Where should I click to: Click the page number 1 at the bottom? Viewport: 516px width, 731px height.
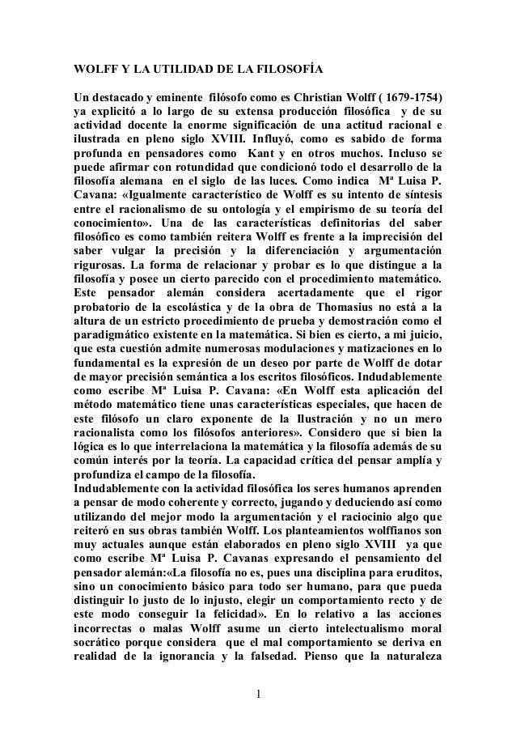coord(258,694)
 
